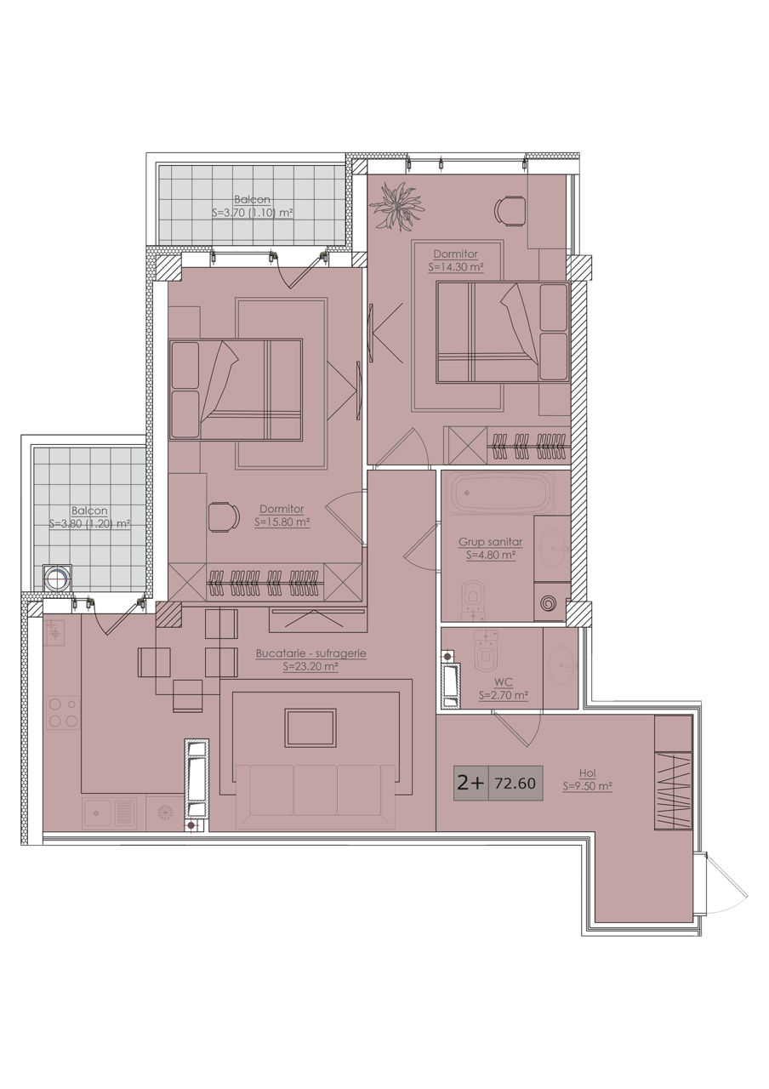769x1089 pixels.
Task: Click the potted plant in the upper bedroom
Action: point(396,206)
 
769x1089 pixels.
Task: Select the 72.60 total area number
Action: point(516,783)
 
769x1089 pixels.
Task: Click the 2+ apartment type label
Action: point(470,783)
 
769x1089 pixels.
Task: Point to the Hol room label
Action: point(587,773)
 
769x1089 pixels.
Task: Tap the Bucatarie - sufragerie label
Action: point(311,654)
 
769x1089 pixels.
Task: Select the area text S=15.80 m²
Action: point(282,522)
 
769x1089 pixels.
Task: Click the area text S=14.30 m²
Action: point(456,267)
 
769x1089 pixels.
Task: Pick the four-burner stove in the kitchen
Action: point(63,713)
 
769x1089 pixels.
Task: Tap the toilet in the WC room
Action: point(486,653)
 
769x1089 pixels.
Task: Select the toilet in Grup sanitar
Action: point(474,602)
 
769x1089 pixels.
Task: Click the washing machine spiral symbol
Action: point(549,603)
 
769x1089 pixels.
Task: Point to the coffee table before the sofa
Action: point(311,727)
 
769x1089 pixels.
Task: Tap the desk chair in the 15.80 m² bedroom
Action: point(224,517)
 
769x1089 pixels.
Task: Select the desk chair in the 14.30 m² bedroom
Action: point(510,210)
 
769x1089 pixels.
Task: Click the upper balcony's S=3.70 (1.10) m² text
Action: point(253,213)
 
